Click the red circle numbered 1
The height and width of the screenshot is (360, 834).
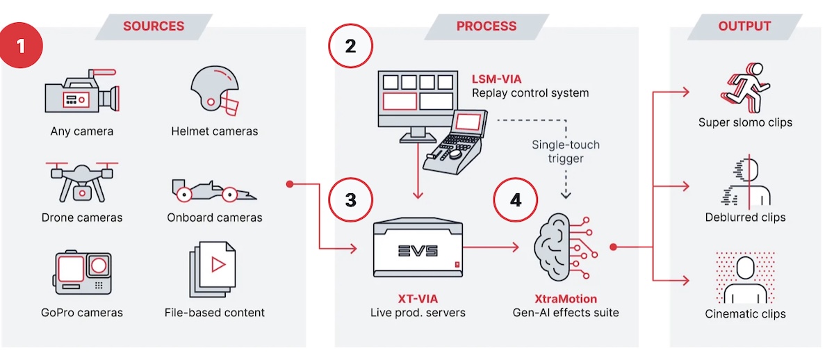tap(22, 46)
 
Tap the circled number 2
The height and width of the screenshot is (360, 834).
tap(350, 46)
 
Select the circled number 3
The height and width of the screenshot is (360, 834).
tap(350, 199)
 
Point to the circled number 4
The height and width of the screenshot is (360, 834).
tap(515, 199)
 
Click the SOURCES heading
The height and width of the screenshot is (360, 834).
tap(153, 26)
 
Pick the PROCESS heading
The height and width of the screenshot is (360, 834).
tap(486, 26)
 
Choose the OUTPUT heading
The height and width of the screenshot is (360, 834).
tap(744, 26)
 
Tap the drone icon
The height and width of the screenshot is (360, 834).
tap(82, 181)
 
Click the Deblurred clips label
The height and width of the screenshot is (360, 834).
tap(745, 218)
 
